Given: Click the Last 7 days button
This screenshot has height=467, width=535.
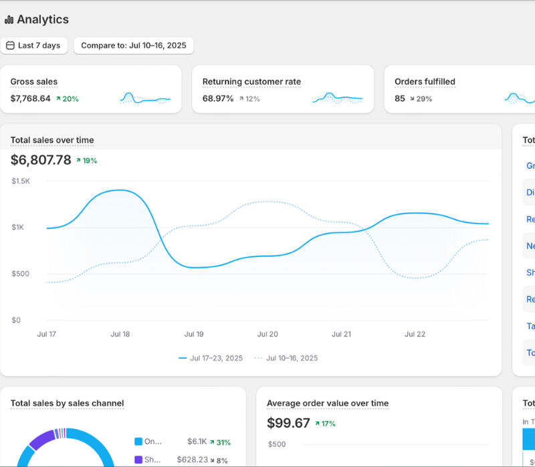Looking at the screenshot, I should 34,45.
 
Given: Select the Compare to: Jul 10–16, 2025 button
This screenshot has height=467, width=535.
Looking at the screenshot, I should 134,45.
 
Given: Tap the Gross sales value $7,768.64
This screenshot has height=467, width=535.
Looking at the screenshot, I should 30,98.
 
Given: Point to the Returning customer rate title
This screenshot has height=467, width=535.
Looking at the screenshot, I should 251,82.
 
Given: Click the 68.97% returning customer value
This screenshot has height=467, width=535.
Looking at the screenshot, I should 218,98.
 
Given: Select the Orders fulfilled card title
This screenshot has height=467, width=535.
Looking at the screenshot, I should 425,82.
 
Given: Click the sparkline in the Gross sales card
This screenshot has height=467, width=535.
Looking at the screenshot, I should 145,98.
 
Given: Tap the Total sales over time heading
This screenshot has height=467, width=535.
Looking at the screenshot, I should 52,140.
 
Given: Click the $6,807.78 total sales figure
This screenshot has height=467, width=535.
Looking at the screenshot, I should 41,160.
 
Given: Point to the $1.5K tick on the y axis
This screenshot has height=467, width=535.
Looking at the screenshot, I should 21,181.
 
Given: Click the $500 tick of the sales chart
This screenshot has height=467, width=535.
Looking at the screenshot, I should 21,274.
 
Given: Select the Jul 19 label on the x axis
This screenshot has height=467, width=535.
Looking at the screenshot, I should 194,334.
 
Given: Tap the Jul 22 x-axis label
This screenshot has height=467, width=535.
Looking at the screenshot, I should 415,334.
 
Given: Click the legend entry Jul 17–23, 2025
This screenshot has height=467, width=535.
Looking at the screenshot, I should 216,358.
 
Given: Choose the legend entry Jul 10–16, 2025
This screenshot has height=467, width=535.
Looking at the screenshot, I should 292,358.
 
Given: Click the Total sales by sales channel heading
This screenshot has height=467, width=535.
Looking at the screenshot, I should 67,403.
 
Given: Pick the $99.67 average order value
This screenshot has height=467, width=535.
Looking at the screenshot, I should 288,423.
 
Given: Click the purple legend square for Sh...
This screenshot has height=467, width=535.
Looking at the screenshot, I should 138,460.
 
